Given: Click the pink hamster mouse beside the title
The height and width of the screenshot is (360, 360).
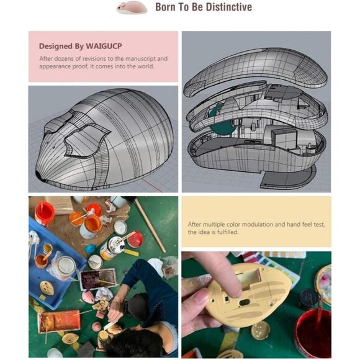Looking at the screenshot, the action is pyautogui.click(x=132, y=7).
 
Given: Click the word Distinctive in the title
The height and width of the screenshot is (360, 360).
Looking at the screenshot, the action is pyautogui.click(x=229, y=7).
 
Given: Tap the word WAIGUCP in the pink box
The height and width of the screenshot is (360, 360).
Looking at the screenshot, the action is pyautogui.click(x=104, y=46).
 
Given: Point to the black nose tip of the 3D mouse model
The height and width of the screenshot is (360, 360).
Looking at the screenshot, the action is pyautogui.click(x=38, y=174).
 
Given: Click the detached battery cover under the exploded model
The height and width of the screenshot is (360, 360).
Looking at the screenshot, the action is pyautogui.click(x=288, y=177).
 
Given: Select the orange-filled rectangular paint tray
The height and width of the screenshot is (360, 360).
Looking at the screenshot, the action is pyautogui.click(x=59, y=321).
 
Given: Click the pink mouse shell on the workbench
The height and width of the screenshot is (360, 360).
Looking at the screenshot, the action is pyautogui.click(x=88, y=297).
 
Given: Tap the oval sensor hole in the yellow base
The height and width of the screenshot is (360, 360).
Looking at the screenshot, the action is pyautogui.click(x=245, y=303).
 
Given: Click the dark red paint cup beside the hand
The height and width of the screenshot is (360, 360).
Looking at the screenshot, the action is pyautogui.click(x=313, y=332).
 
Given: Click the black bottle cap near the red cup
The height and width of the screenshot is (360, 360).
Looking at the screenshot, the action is pyautogui.click(x=308, y=299).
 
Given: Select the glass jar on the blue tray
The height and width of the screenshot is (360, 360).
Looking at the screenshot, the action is pyautogui.click(x=66, y=266).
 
